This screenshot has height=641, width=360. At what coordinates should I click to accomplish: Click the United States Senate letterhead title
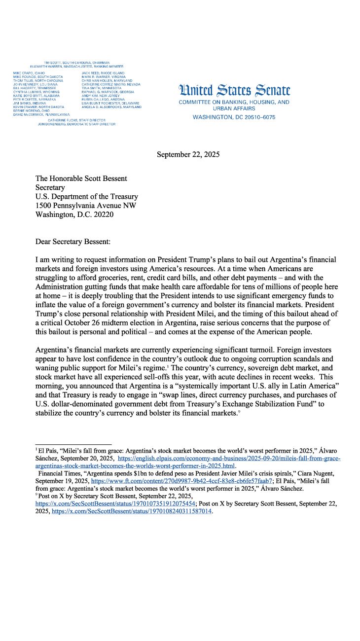(x=234, y=90)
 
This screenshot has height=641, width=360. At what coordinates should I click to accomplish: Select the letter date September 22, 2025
(x=188, y=154)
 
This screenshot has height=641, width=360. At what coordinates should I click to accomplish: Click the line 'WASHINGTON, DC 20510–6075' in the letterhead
(x=234, y=117)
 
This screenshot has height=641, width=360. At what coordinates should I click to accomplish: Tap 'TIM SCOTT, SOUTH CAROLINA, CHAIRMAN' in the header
(x=76, y=63)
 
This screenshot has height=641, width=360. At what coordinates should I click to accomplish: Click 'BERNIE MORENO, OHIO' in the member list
(x=31, y=110)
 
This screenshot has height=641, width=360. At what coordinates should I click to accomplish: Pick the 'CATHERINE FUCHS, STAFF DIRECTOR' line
(x=76, y=120)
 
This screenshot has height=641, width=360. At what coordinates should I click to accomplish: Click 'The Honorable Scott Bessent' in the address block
(x=81, y=178)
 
